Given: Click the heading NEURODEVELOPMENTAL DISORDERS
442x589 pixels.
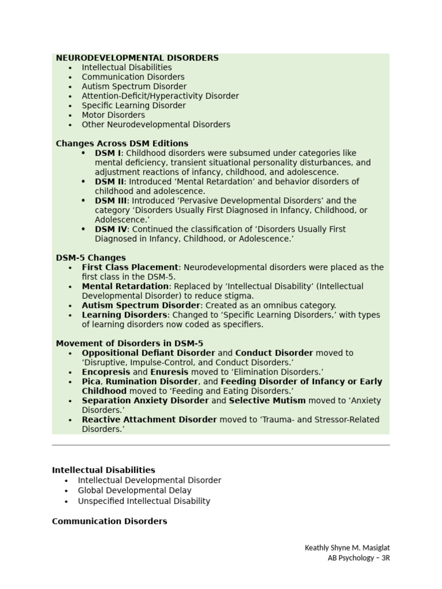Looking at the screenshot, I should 137,58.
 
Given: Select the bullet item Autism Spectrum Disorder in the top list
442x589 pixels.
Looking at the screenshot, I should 134,86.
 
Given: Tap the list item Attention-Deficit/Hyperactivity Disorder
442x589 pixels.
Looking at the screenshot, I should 160,96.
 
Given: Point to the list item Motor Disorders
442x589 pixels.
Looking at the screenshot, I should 113,115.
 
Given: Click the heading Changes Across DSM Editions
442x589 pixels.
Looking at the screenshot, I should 122,144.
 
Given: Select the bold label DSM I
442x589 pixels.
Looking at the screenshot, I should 108,153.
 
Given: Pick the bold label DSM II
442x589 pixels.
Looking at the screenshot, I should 109,182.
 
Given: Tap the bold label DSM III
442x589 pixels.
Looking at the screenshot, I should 110,201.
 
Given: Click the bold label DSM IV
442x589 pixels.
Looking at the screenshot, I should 110,229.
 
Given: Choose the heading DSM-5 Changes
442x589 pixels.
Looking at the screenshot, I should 91,258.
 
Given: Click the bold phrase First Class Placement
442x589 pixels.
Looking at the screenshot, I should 130,267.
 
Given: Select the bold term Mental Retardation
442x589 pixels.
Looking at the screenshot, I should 125,286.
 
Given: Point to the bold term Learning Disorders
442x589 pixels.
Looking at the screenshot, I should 124,315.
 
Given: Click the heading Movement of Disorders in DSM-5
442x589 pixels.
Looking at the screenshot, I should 129,343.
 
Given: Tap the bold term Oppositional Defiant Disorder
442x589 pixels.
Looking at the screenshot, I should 148,353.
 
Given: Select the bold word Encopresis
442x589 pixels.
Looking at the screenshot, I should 106,372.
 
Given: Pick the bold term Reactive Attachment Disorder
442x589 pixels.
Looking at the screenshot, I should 149,419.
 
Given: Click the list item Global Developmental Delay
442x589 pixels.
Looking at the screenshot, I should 135,491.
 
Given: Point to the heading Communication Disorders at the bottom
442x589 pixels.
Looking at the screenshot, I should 109,521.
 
